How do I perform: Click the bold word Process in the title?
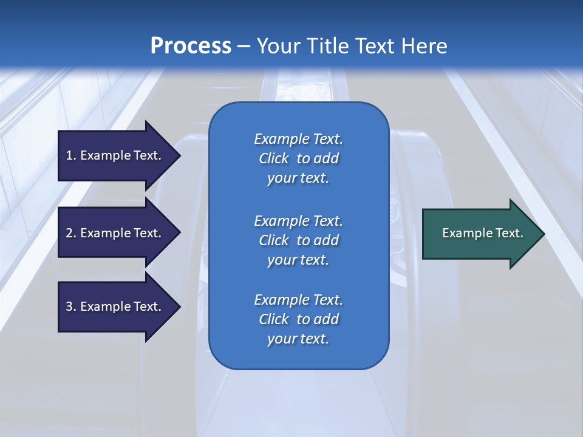click(191, 46)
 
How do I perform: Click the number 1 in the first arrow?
click(69, 155)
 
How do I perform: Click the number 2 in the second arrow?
click(69, 233)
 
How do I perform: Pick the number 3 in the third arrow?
click(69, 307)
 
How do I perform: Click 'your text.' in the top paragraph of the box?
click(298, 178)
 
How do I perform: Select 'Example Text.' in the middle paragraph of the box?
click(298, 220)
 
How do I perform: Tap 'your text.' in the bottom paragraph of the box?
click(298, 339)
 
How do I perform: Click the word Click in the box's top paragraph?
click(273, 159)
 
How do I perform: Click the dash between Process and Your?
click(244, 46)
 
